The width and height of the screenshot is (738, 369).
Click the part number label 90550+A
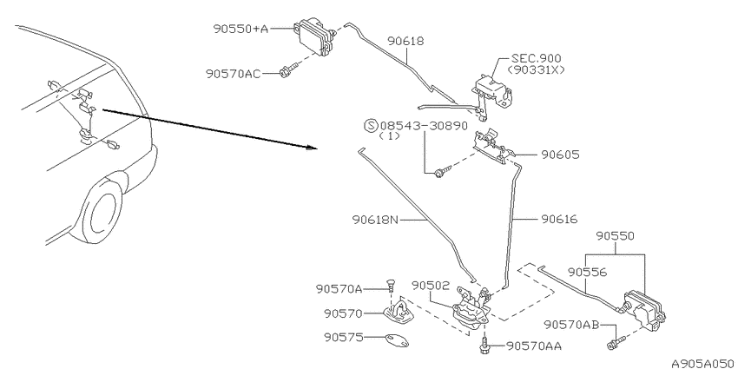(241, 29)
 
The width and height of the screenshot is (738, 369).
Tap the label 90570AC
(233, 74)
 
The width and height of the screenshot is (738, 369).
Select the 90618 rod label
(405, 42)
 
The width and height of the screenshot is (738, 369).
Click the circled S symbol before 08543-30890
(372, 126)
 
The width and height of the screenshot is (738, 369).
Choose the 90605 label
(560, 155)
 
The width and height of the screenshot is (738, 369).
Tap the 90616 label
(558, 219)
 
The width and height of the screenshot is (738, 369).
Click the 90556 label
(587, 272)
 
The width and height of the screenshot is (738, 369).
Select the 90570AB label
(571, 325)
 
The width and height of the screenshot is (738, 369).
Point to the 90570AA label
(534, 346)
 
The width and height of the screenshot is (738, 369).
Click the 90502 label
(431, 286)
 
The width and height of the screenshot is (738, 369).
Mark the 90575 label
(343, 338)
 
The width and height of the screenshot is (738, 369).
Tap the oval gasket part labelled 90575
(397, 340)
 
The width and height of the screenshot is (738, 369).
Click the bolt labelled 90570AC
(287, 70)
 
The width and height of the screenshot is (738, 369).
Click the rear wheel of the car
(99, 212)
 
